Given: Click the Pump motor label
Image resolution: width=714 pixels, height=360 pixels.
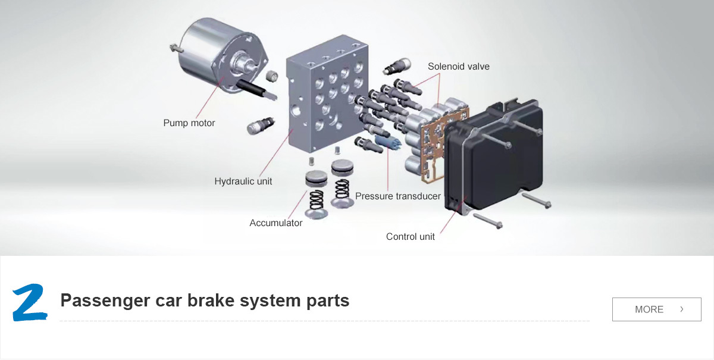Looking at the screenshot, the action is tap(189, 123).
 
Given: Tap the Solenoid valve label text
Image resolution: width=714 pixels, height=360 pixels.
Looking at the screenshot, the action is tap(458, 66).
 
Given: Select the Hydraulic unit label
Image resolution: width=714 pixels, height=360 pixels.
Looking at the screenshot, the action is tap(243, 181).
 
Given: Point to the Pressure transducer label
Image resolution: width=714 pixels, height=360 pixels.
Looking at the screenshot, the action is tap(398, 196).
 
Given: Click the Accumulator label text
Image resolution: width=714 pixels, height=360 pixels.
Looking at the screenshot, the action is tap(275, 223).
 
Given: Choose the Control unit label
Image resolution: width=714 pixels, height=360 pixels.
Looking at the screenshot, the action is tap(410, 237).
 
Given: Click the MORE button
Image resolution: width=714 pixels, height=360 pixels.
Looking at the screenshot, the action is tap(657, 309).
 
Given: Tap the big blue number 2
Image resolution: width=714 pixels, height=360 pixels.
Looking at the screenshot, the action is tap(30, 302).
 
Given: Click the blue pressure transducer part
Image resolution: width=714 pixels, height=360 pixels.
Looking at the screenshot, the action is tap(388, 142).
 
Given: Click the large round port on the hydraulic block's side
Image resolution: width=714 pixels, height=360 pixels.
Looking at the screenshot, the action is tap(296, 109).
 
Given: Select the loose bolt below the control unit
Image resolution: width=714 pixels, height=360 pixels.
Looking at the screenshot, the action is tap(488, 221).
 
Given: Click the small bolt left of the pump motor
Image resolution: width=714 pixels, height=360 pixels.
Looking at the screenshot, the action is tap(176, 48).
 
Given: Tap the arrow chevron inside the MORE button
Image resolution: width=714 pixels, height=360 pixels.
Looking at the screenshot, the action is tap(682, 309).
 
